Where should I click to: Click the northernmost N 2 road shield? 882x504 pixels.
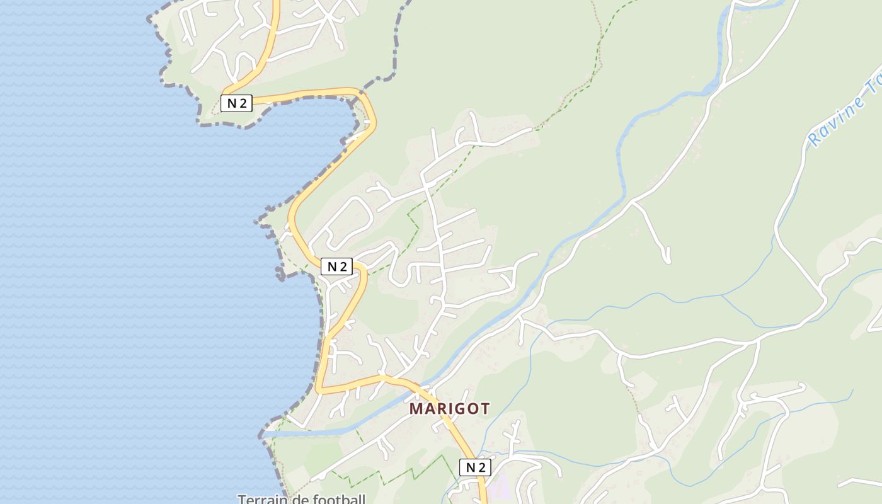click(x=236, y=103)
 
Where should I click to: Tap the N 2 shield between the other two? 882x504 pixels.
click(x=336, y=266)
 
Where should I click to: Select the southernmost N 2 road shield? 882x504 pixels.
click(x=475, y=467)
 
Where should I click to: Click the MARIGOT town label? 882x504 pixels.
click(x=449, y=409)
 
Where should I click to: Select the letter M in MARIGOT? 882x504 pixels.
click(x=416, y=409)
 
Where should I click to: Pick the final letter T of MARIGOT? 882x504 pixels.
click(x=484, y=409)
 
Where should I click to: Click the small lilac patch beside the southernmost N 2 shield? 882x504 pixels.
click(x=499, y=486)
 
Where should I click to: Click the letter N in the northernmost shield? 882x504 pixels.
click(x=231, y=103)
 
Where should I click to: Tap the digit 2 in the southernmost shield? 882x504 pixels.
click(x=481, y=467)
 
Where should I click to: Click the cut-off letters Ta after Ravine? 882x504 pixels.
click(x=874, y=88)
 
